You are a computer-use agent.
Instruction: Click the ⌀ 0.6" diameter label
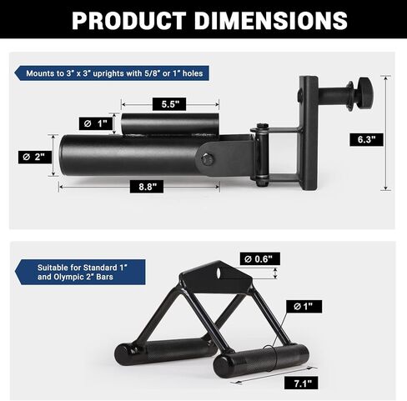(259, 258)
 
